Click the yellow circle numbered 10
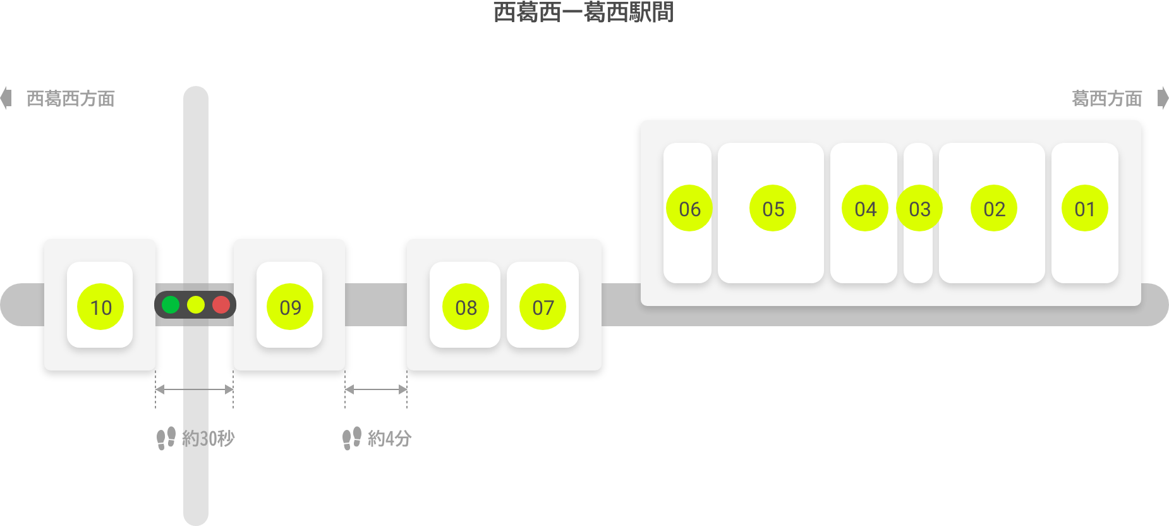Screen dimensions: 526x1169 coord(100,307)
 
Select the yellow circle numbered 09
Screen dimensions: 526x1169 coord(290,307)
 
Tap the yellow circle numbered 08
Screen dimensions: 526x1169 coord(466,307)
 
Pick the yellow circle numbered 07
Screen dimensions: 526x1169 coord(543,307)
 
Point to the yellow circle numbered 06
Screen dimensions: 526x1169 coord(689,208)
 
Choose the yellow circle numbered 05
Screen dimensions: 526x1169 coord(773,208)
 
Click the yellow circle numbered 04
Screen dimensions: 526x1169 coord(865,208)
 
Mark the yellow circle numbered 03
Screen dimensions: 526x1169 coord(919,208)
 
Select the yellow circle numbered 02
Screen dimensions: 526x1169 coord(994,208)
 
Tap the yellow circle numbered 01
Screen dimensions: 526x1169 coord(1085,208)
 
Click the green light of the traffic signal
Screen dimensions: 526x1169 coord(171,305)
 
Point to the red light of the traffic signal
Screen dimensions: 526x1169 coord(221,305)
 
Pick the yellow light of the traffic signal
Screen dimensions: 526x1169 coord(196,305)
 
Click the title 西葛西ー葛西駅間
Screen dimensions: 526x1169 coord(583,13)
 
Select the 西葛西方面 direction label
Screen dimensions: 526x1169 coord(70,99)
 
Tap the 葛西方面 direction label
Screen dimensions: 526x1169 coord(1107,99)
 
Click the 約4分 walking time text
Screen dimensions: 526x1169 coord(389,438)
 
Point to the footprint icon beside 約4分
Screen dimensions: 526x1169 coord(352,438)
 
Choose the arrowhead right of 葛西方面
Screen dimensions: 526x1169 coord(1163,99)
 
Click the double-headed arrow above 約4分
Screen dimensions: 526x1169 coord(376,389)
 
